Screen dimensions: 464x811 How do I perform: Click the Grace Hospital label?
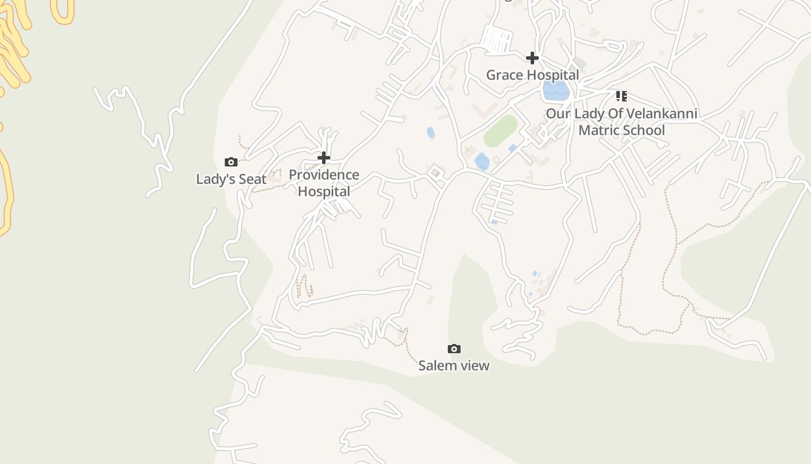[x=532, y=75]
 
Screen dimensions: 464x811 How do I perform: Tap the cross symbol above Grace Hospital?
[x=532, y=58]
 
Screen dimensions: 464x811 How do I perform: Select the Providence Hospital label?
[x=324, y=183]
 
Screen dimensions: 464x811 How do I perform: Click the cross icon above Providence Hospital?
[x=324, y=158]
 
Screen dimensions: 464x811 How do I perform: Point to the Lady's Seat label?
[x=231, y=179]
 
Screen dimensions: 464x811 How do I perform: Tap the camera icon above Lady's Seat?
[x=231, y=162]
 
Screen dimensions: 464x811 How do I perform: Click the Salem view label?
[x=454, y=365]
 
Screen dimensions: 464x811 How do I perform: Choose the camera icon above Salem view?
[x=454, y=349]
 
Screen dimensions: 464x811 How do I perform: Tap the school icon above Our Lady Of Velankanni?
[x=622, y=96]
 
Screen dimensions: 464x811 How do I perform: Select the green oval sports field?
[x=501, y=131]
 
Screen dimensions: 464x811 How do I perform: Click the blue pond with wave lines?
[x=556, y=90]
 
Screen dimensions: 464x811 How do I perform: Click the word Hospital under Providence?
[x=324, y=191]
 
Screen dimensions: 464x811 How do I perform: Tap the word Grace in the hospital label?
[x=503, y=75]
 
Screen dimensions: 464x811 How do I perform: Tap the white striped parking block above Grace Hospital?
[x=497, y=39]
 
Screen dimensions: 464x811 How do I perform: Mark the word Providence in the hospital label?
[x=324, y=175]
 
